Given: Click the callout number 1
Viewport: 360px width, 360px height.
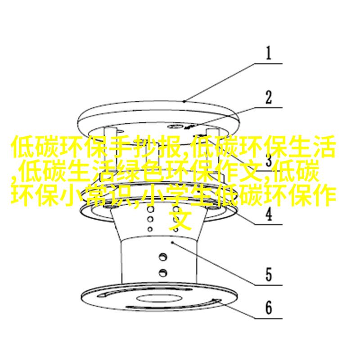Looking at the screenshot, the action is (269, 53).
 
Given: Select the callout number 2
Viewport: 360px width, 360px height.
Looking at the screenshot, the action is (269, 98).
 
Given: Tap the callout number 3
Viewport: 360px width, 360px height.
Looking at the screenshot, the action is (269, 160).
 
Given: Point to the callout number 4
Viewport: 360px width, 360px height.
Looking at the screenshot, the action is (269, 214).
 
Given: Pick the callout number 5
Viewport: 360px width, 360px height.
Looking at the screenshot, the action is (269, 274).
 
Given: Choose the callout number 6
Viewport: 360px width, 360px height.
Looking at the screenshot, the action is (269, 308).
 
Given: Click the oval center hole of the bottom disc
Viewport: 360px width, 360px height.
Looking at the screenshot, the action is (159, 298).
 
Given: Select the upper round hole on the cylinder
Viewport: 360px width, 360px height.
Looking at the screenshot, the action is (163, 256).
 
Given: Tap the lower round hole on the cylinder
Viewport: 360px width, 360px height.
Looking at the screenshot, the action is (163, 272).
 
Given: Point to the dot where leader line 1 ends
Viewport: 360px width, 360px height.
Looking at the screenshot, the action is (184, 101).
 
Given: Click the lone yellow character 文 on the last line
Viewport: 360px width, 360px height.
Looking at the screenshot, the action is (180, 219).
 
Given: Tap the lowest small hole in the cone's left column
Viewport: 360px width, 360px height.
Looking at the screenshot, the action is (150, 229).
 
